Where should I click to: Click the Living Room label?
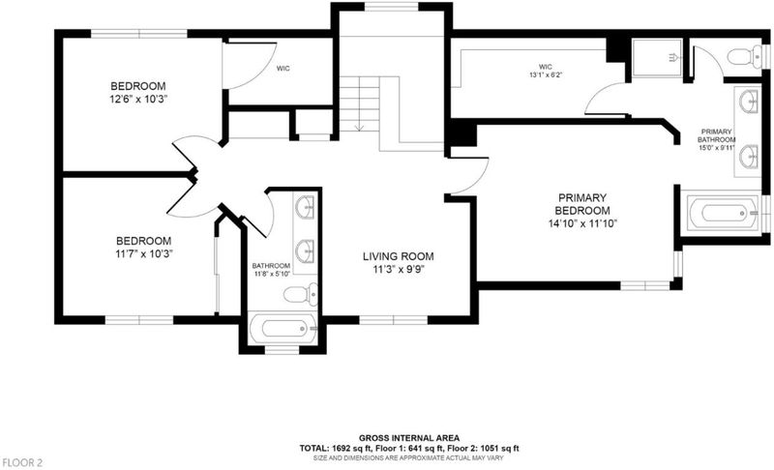tap(399, 256)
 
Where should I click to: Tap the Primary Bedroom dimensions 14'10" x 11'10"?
tap(583, 223)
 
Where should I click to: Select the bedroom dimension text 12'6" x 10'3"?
tap(138, 99)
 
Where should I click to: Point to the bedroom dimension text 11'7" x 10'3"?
tap(143, 253)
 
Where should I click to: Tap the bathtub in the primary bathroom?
tap(723, 213)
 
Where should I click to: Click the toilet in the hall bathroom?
tap(301, 294)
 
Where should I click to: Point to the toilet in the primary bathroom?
tap(745, 56)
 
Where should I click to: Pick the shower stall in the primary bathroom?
tap(658, 58)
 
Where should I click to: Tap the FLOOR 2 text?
tap(22, 462)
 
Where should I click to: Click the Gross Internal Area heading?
tap(409, 438)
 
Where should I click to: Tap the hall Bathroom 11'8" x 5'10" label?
tap(271, 269)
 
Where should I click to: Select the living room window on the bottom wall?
tap(394, 320)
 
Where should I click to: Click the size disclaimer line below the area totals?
tap(409, 458)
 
